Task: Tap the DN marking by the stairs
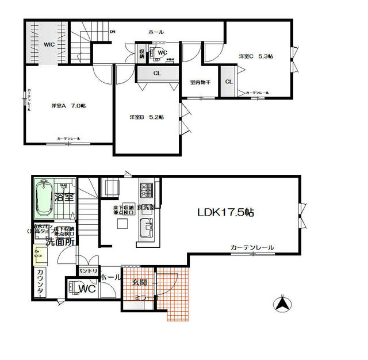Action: (x=113, y=32)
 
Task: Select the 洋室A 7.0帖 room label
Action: (x=68, y=106)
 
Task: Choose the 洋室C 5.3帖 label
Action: (x=256, y=56)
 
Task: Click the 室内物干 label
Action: (x=200, y=82)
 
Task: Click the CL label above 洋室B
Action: (x=157, y=74)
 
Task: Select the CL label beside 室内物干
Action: (x=228, y=82)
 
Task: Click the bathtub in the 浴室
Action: (x=44, y=199)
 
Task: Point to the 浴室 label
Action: (x=64, y=197)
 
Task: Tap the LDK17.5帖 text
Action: (x=225, y=212)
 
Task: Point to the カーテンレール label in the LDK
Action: (x=252, y=247)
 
